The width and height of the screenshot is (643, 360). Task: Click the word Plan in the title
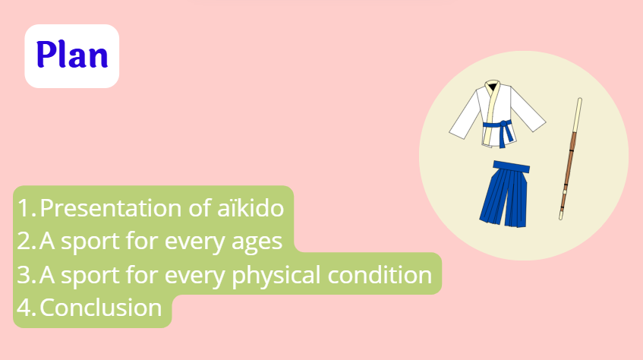pyautogui.click(x=72, y=55)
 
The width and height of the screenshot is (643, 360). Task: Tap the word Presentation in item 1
pyautogui.click(x=111, y=207)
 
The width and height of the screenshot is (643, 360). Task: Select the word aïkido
pyautogui.click(x=251, y=207)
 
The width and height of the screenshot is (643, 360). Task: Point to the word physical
pyautogui.click(x=276, y=275)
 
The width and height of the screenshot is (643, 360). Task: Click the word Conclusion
pyautogui.click(x=101, y=308)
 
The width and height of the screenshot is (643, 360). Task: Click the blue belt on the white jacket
pyautogui.click(x=499, y=129)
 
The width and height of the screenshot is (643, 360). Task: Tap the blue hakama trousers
pyautogui.click(x=504, y=194)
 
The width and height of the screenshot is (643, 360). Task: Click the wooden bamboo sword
pyautogui.click(x=570, y=159)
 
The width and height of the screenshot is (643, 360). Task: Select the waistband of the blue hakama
pyautogui.click(x=512, y=166)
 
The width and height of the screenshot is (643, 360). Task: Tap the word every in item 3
pyautogui.click(x=195, y=276)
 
